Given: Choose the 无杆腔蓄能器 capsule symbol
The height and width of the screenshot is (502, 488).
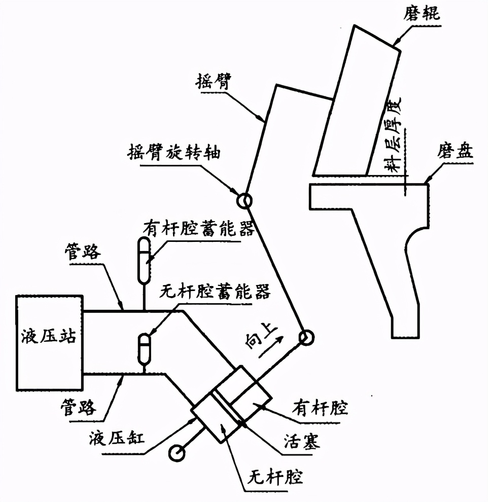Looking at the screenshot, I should pyautogui.click(x=145, y=346).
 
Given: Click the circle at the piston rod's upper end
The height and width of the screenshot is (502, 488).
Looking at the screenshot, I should pyautogui.click(x=306, y=337).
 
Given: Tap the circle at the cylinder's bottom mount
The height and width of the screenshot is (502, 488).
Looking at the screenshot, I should pyautogui.click(x=178, y=453).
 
